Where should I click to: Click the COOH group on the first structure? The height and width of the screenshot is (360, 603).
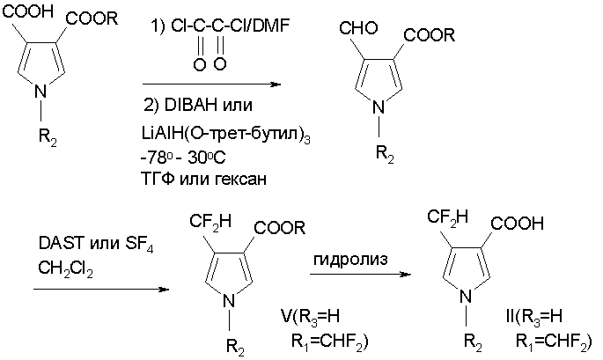point(27,11)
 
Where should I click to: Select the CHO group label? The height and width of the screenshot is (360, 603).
point(358,28)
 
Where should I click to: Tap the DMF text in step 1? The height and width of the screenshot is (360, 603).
point(268,26)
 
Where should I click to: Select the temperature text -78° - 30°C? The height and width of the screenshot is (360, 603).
point(183,158)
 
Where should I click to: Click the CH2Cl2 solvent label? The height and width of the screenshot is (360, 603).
point(65,269)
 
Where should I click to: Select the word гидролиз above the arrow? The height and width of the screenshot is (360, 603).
point(350,260)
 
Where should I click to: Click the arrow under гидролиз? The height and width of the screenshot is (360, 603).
point(360,275)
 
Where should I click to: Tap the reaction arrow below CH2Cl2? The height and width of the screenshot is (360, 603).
point(101,289)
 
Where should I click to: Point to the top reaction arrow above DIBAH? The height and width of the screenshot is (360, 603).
point(212,84)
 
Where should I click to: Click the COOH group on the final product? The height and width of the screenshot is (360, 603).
point(518,224)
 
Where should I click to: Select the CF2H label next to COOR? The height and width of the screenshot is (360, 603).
point(210,223)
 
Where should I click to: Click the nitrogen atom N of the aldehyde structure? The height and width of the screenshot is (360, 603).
point(379,107)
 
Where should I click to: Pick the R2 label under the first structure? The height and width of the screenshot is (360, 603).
point(48,136)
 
